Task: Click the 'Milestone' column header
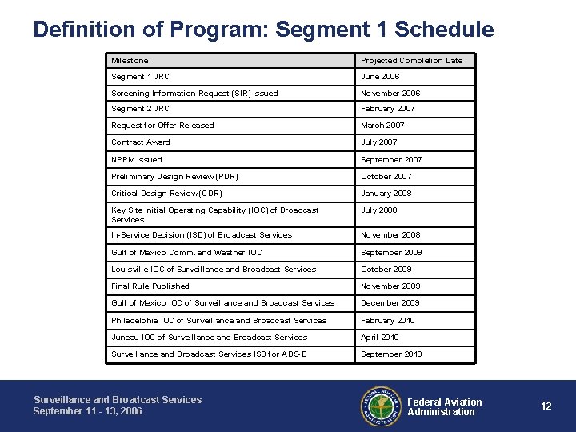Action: click(130, 60)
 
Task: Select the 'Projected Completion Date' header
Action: click(411, 60)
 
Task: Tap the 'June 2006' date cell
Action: click(380, 77)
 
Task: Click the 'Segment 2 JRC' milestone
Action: click(140, 109)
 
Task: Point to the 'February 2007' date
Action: click(388, 109)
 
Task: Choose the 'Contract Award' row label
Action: click(141, 142)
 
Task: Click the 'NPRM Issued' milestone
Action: click(137, 159)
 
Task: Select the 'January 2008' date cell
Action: click(386, 193)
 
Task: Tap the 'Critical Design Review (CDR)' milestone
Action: click(166, 193)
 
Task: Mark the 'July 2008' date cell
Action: click(379, 210)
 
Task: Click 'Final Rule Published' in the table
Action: click(150, 286)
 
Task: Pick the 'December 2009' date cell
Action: click(390, 302)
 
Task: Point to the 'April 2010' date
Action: click(380, 337)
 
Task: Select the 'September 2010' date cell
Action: click(391, 354)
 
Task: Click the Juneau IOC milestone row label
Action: click(209, 337)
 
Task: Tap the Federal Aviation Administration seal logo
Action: click(381, 406)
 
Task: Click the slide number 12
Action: click(546, 406)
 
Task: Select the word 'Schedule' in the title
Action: click(445, 30)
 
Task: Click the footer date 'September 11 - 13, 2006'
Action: click(88, 410)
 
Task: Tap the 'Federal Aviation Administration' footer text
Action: click(445, 406)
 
